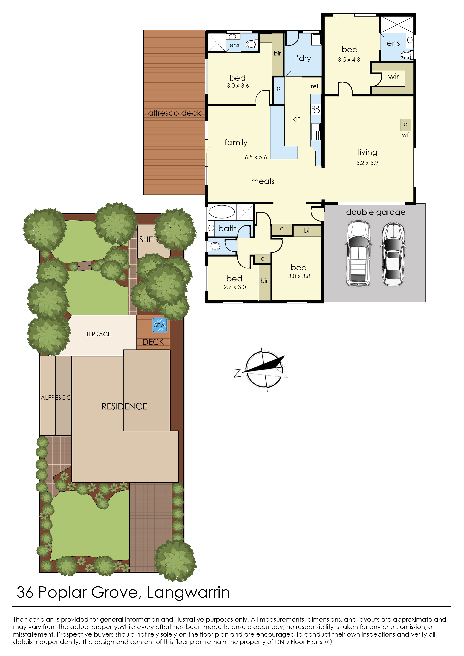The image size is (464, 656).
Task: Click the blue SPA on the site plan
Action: point(159,325)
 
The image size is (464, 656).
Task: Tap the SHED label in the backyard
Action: point(148,239)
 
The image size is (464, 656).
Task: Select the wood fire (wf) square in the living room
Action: point(405,125)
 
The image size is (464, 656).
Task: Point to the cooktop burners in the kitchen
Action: point(316,109)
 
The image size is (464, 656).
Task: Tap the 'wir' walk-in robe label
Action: point(393,77)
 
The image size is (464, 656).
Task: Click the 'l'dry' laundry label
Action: point(303,58)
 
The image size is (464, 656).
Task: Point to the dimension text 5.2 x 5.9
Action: point(367,163)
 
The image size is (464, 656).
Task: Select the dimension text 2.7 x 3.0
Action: point(235,287)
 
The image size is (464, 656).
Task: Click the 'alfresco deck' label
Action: point(174,113)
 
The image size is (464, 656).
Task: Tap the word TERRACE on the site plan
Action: point(99,334)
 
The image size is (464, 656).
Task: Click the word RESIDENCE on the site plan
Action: point(124,406)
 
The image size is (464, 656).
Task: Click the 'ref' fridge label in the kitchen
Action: point(314,86)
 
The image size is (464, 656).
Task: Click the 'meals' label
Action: point(263,181)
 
